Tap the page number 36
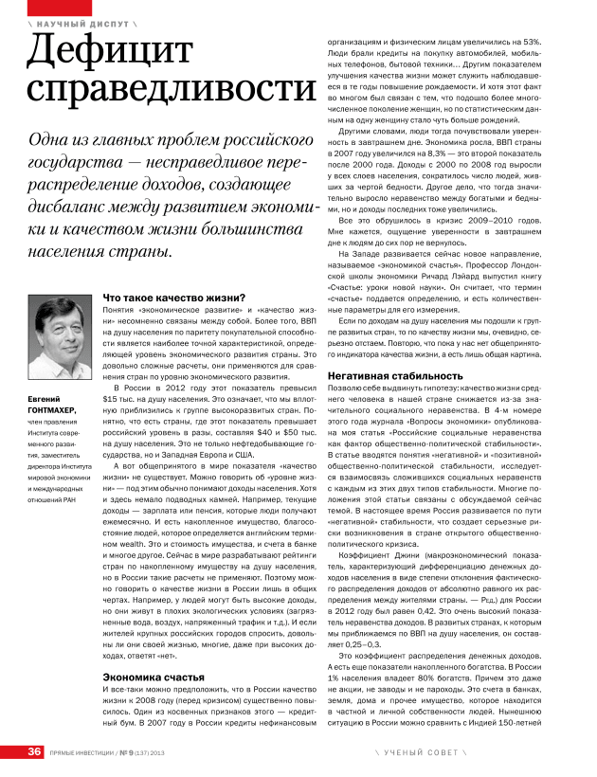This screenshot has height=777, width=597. click(34, 752)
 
